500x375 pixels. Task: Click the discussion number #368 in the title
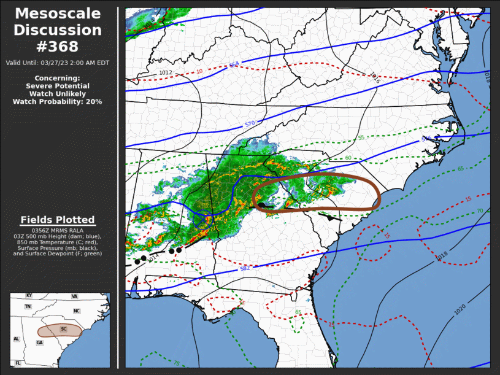[58, 47]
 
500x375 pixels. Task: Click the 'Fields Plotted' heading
[58, 220]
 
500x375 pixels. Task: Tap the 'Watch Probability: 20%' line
[58, 101]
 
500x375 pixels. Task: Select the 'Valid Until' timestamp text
[58, 63]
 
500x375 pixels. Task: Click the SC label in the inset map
[63, 329]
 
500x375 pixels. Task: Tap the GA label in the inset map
[40, 342]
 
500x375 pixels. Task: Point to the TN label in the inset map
[28, 306]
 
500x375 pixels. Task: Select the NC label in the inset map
[77, 311]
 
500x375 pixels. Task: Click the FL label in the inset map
[18, 363]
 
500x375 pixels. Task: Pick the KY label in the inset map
[28, 296]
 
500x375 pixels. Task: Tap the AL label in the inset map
[17, 339]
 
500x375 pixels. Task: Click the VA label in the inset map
[75, 296]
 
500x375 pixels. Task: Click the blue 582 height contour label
[244, 269]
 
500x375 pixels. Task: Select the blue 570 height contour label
[250, 124]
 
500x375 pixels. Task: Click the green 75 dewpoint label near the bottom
[177, 363]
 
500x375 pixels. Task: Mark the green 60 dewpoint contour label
[348, 158]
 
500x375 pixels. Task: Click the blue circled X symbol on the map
[202, 219]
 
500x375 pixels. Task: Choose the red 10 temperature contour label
[199, 71]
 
